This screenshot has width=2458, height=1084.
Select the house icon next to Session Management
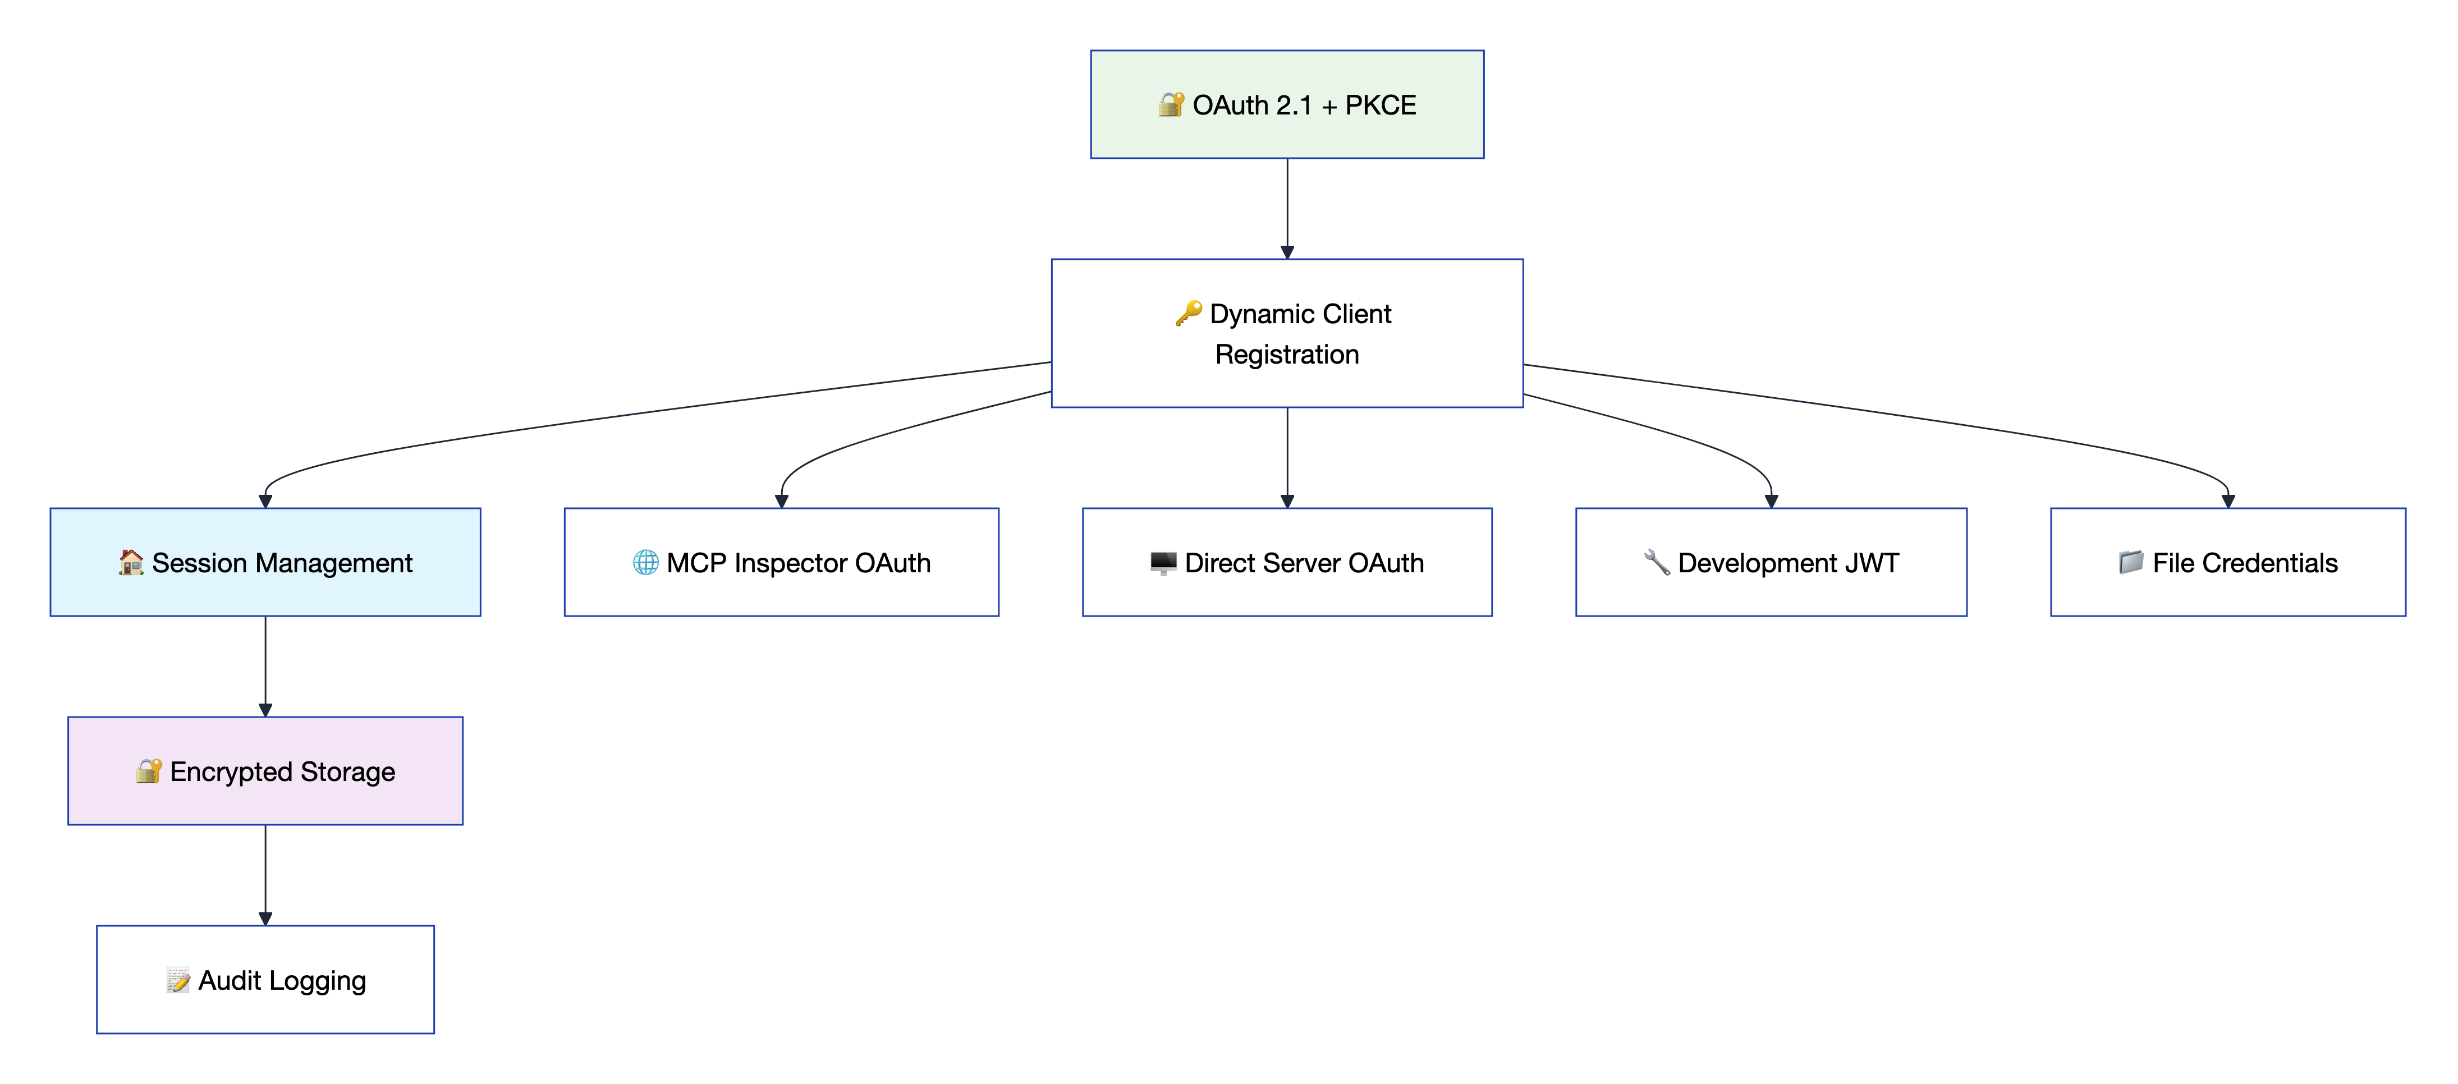tap(131, 562)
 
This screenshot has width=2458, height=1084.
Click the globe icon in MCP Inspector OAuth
tap(646, 562)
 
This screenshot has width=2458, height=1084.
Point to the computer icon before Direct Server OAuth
tap(1163, 562)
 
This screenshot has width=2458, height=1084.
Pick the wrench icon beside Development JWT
tap(1657, 562)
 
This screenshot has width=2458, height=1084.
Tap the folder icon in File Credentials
tap(2131, 562)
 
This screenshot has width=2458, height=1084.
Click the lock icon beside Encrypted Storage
tap(149, 771)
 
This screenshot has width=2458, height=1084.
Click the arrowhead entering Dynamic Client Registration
tap(1287, 252)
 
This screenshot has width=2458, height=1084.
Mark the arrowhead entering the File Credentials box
tap(2228, 501)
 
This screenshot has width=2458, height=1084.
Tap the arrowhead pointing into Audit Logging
tap(265, 918)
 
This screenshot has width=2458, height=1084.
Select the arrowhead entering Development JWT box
tap(1771, 501)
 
